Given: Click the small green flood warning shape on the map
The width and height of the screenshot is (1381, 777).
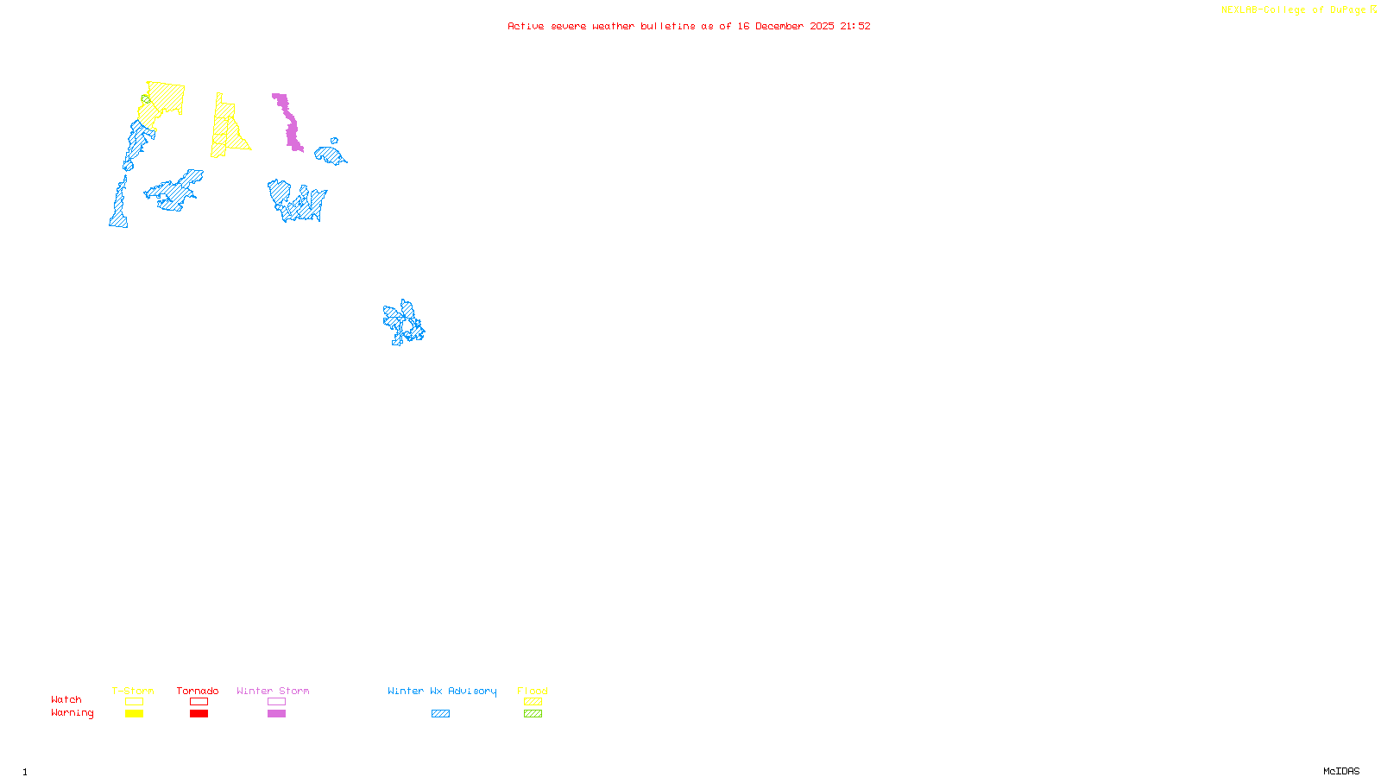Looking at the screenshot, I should tap(146, 99).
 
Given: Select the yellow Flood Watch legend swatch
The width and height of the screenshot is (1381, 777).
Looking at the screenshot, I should tap(533, 702).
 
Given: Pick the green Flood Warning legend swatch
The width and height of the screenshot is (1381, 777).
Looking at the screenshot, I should tap(533, 714).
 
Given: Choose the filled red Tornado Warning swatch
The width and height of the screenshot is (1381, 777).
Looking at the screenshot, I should tap(199, 714).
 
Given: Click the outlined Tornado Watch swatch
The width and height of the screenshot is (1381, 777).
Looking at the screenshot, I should tap(199, 702).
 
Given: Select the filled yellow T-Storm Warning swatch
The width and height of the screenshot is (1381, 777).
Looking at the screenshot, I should tap(134, 714).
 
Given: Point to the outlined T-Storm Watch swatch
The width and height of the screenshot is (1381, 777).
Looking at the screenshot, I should tap(134, 702).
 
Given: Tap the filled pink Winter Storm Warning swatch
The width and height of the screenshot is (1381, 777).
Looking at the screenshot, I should tap(276, 714).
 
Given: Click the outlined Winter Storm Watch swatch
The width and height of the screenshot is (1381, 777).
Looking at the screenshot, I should tap(276, 702).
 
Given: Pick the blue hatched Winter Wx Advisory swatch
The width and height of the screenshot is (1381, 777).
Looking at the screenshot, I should tap(440, 714).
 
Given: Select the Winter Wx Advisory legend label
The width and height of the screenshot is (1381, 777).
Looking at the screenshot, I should tap(442, 691).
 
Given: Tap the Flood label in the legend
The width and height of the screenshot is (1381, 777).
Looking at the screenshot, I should tap(533, 691).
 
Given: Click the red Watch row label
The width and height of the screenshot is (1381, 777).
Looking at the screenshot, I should tap(66, 699).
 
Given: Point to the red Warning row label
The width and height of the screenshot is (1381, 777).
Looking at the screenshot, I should tap(72, 713).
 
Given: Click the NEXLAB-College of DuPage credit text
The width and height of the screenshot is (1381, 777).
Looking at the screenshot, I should tap(1294, 10).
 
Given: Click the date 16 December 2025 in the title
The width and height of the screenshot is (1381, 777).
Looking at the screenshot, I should tap(785, 26).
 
